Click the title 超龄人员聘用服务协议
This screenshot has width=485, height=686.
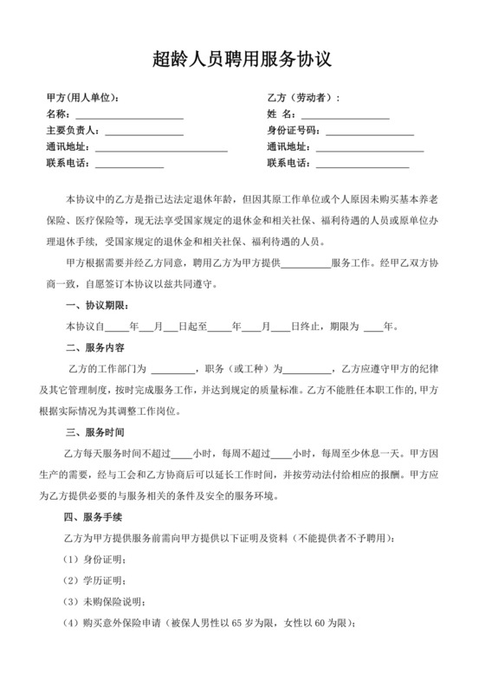pos(242,59)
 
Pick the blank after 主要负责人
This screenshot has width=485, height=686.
pos(142,131)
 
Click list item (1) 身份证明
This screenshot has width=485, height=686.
pos(95,559)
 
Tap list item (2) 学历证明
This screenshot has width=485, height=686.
pos(95,579)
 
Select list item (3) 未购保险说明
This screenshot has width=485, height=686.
pos(105,601)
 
